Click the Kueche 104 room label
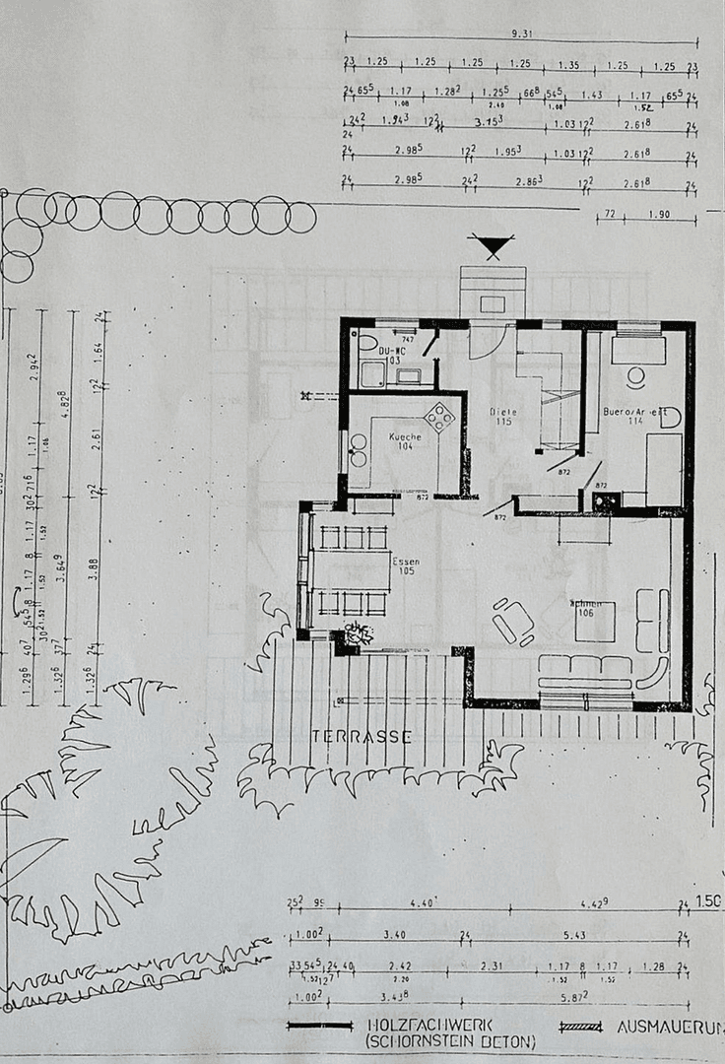[x=405, y=441]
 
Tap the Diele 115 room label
[x=503, y=417]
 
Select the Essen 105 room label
[x=405, y=566]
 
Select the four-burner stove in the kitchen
[x=438, y=418]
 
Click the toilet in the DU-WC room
[x=368, y=343]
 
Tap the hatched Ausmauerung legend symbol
[x=576, y=1026]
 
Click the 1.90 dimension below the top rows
[x=659, y=214]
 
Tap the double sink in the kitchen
[x=358, y=449]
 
